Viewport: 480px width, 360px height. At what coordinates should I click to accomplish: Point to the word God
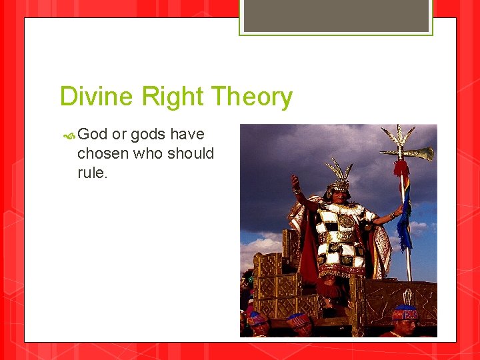click(93, 135)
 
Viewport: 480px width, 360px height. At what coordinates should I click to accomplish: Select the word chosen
click(102, 153)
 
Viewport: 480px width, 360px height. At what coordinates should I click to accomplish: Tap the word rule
click(91, 173)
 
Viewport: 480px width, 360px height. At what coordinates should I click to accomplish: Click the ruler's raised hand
click(293, 181)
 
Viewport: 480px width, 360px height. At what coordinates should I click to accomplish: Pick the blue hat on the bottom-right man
click(405, 312)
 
